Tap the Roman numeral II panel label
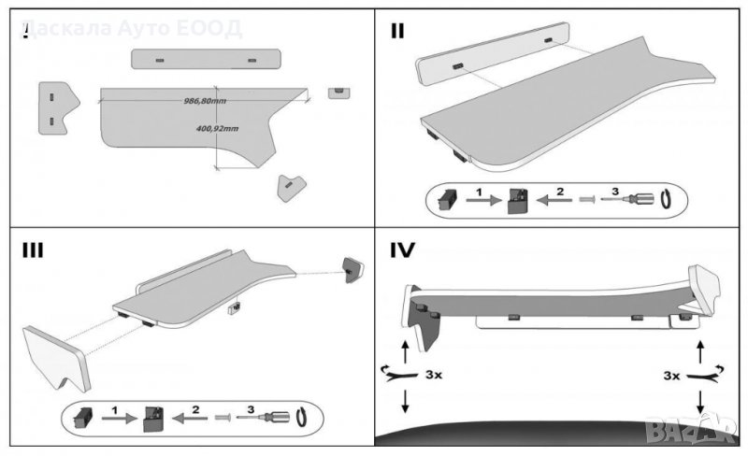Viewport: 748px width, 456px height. point(397,29)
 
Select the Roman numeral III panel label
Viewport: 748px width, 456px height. point(33,250)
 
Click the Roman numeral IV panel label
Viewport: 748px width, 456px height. point(403,250)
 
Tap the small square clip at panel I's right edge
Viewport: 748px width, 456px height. point(338,92)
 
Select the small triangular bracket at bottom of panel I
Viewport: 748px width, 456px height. point(291,186)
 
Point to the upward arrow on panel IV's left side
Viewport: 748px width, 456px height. point(404,350)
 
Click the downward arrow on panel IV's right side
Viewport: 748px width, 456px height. point(700,399)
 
